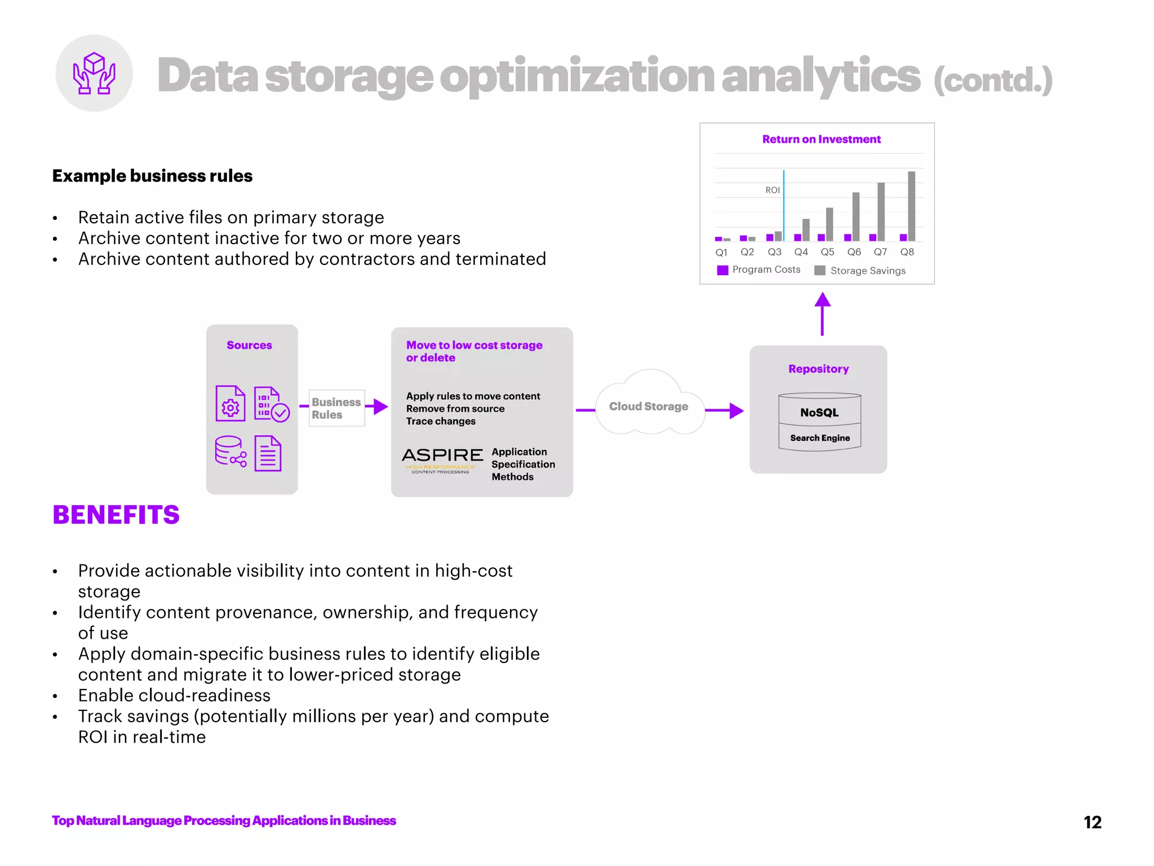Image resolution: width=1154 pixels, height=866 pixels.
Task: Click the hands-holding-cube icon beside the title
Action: coord(94,73)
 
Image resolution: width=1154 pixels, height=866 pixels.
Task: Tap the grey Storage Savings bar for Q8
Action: coord(911,206)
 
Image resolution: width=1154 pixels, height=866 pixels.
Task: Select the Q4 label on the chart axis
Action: coord(801,252)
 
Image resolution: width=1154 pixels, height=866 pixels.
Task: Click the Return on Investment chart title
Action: coord(821,139)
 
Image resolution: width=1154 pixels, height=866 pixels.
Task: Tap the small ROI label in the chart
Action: coord(772,190)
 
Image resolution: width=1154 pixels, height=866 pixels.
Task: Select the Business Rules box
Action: coord(336,408)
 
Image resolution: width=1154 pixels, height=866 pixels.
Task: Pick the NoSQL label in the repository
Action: coord(819,413)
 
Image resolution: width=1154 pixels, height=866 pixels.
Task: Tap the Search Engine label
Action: coord(820,438)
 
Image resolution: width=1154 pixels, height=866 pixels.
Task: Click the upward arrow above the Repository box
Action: coord(822,313)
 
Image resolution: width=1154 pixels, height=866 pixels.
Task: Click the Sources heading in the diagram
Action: coord(249,345)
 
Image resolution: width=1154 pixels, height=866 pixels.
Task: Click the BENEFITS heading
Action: coord(116,515)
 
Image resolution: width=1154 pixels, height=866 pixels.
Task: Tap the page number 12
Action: coord(1092,822)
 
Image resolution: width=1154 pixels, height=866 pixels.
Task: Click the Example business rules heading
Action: coord(152,176)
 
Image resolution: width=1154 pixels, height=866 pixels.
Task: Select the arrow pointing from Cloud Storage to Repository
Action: coord(725,410)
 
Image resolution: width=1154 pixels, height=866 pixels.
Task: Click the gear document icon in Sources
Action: coord(230,404)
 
